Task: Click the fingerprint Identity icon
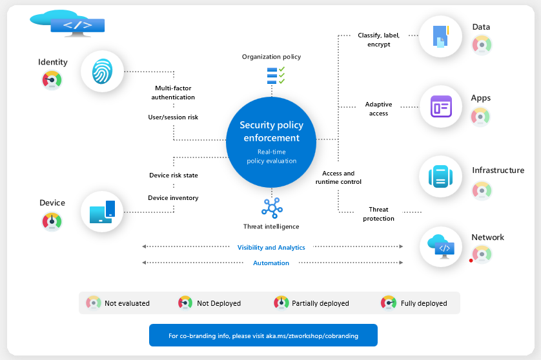click(x=102, y=71)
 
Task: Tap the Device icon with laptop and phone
click(x=102, y=212)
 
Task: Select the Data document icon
click(x=440, y=37)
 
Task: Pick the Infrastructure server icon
click(x=441, y=176)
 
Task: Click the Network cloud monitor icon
click(x=442, y=246)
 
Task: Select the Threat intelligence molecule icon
click(x=271, y=208)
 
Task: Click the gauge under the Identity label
click(x=52, y=80)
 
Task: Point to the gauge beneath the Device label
click(x=52, y=221)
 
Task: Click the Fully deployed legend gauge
click(x=389, y=303)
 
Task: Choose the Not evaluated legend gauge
click(x=94, y=303)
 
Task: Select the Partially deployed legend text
click(x=320, y=303)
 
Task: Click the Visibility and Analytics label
click(x=271, y=247)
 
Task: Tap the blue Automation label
click(x=271, y=263)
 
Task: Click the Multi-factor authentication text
click(x=173, y=92)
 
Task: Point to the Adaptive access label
click(x=378, y=108)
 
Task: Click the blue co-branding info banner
click(x=263, y=335)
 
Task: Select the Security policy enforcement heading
click(x=271, y=131)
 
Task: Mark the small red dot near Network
click(x=471, y=261)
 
